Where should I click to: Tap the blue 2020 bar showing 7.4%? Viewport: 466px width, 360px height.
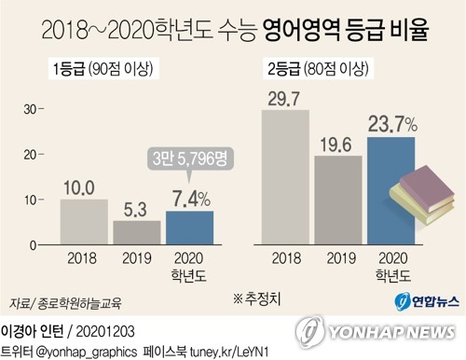click(189, 228)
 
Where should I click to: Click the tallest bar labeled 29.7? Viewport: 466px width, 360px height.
click(284, 177)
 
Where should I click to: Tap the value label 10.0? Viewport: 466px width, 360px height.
click(83, 187)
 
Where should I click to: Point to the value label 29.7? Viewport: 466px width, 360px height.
click(284, 98)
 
